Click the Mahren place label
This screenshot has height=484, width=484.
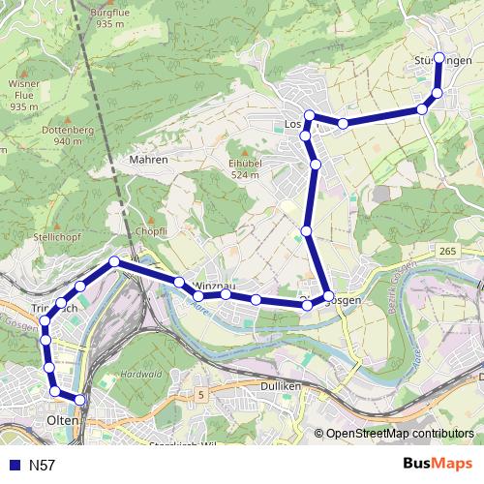tap(149, 160)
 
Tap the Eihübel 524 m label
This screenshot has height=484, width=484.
tap(245, 168)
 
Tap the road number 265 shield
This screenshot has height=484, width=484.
tap(446, 252)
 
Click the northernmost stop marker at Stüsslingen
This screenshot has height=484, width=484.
tap(439, 58)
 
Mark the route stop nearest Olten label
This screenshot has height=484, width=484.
tap(79, 400)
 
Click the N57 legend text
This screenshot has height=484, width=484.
tap(43, 466)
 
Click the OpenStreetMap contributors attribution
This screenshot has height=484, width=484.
tap(399, 434)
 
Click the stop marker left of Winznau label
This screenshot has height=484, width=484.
tap(179, 282)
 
